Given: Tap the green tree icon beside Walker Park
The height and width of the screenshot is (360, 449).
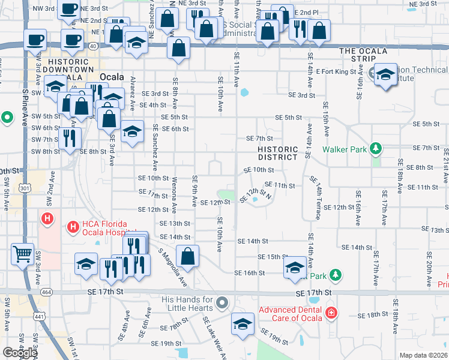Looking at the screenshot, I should pos(375,148).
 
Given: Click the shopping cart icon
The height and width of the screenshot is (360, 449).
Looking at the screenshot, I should pos(22,254).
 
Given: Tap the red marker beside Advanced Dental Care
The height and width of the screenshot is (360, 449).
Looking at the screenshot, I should pos(330,313).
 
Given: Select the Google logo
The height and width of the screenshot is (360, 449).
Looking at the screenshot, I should pos(20,353).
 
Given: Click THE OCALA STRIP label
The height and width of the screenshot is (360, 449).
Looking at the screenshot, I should pos(363,51).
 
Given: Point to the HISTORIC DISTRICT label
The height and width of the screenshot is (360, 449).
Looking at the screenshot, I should pos(277,153).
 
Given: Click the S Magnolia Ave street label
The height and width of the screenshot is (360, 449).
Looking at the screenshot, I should pos(173,268).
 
